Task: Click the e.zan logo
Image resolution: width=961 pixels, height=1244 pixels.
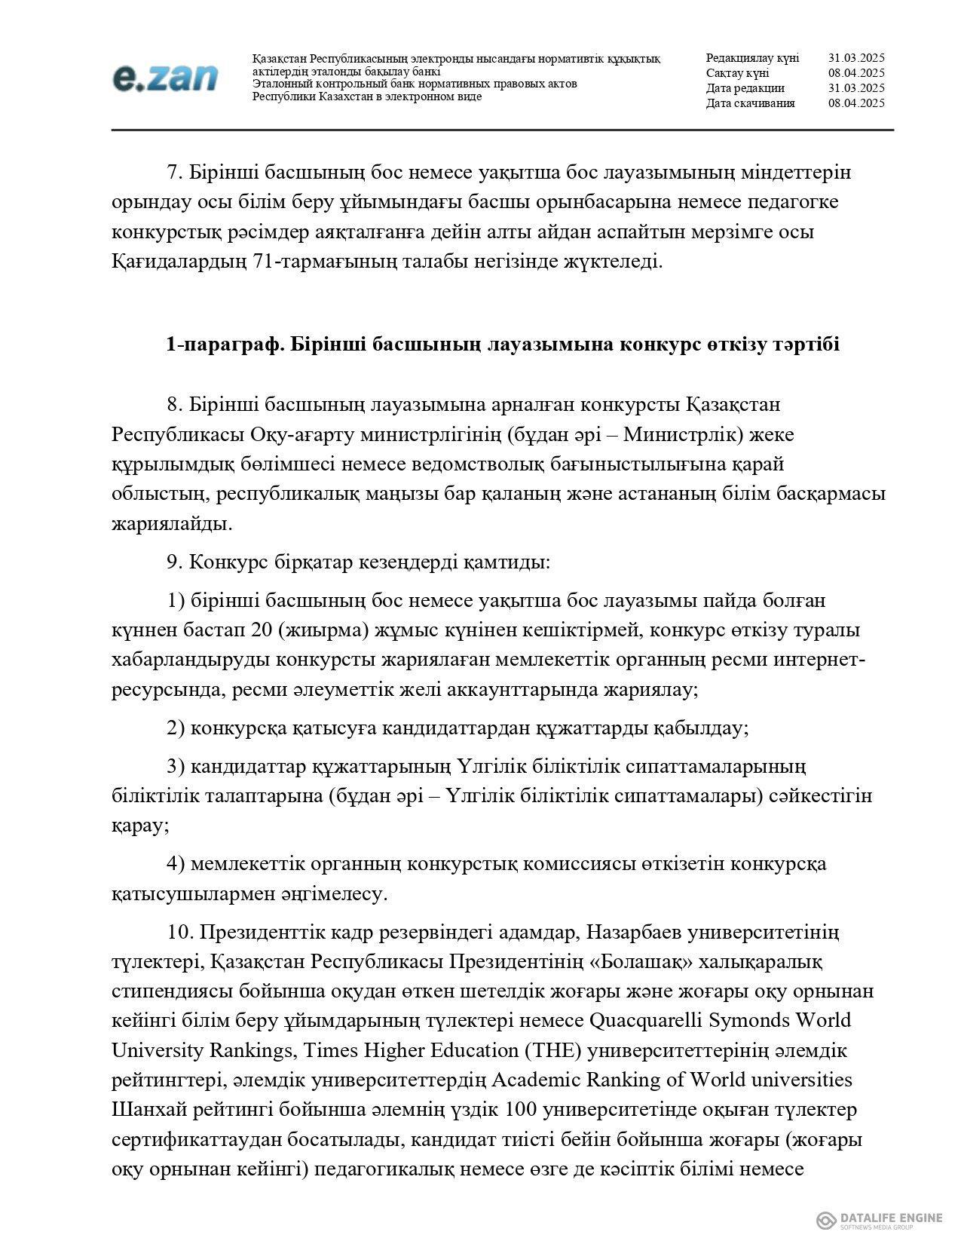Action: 165,77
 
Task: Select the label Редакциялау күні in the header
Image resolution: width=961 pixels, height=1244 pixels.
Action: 752,58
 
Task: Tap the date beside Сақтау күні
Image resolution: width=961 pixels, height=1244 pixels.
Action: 855,73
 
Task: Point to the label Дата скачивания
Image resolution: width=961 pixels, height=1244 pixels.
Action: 750,103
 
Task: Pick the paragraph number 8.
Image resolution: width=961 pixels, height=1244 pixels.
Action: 175,405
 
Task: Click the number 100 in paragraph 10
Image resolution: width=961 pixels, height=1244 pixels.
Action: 521,1110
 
